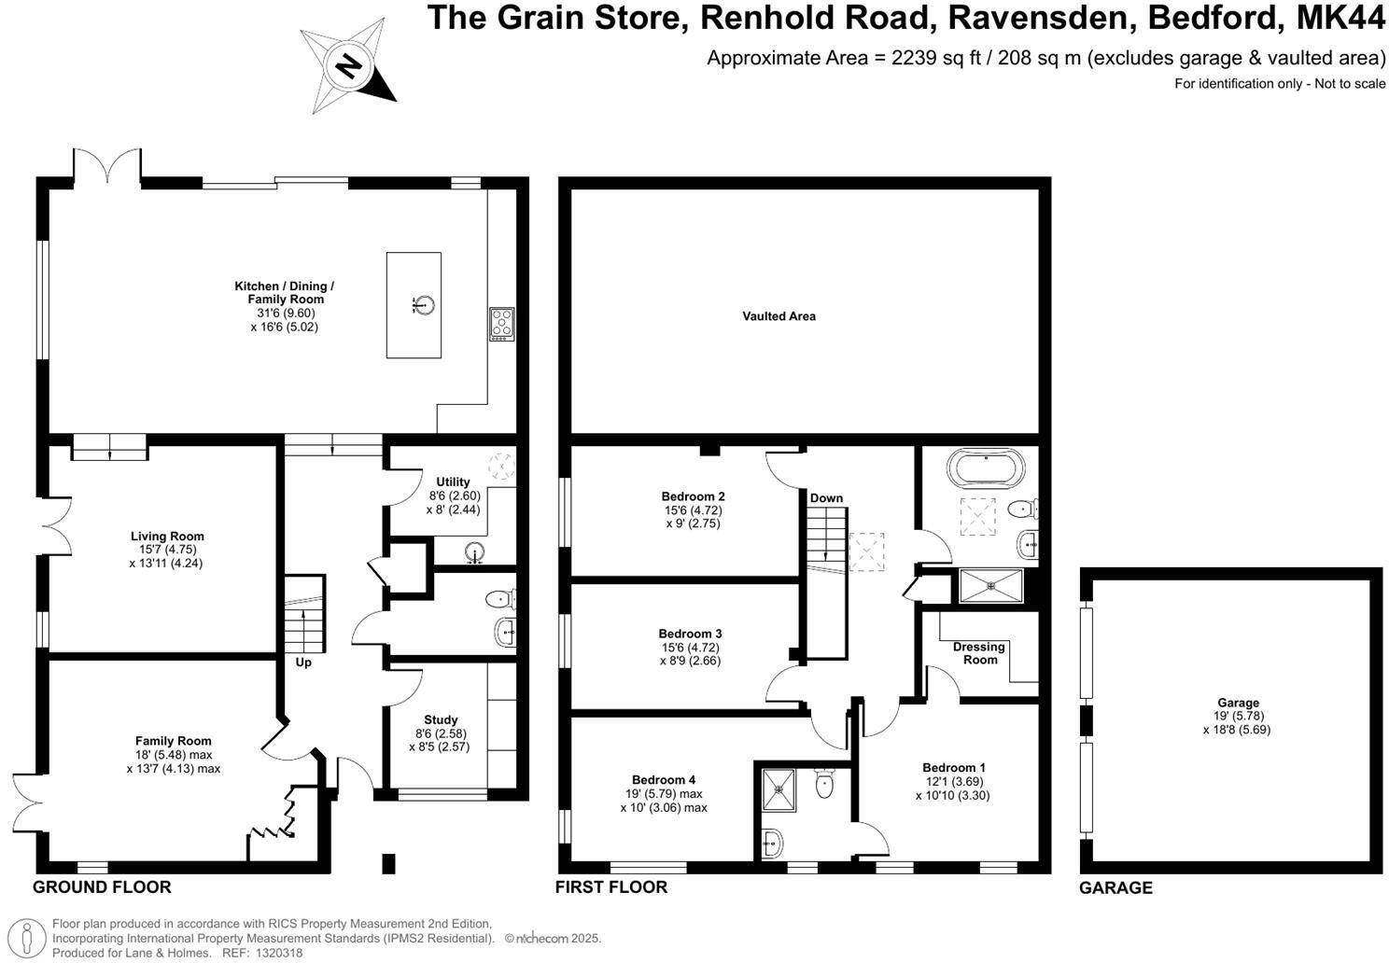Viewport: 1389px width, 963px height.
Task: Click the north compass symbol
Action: pos(348,66)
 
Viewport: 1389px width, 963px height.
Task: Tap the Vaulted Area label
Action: pos(779,316)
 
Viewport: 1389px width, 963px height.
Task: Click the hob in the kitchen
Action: pos(501,323)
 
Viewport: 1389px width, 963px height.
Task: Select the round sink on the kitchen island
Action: pos(425,304)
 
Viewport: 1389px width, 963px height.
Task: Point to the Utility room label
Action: pos(453,481)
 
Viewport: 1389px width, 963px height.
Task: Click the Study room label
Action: pos(441,719)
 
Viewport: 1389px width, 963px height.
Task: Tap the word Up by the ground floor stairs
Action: pos(303,663)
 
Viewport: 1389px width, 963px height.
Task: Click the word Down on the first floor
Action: pos(826,498)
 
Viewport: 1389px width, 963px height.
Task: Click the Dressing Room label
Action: pos(978,653)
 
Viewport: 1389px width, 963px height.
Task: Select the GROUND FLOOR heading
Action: pos(102,887)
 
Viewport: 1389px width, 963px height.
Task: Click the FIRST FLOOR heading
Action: pos(610,887)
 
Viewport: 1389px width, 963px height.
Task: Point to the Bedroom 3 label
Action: pos(690,634)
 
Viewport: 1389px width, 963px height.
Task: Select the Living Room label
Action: pos(167,537)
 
